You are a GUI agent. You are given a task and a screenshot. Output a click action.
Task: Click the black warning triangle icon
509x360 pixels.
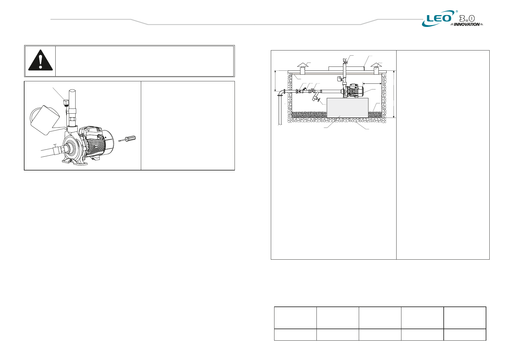pos(41,60)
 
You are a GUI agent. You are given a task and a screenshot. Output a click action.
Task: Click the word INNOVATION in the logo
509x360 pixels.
pos(467,24)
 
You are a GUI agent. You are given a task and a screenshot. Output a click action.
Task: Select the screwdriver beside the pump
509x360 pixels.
pos(127,139)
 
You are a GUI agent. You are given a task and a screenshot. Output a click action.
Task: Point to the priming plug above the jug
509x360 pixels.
pos(66,103)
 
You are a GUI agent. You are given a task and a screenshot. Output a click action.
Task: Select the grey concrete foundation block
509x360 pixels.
pos(347,108)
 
